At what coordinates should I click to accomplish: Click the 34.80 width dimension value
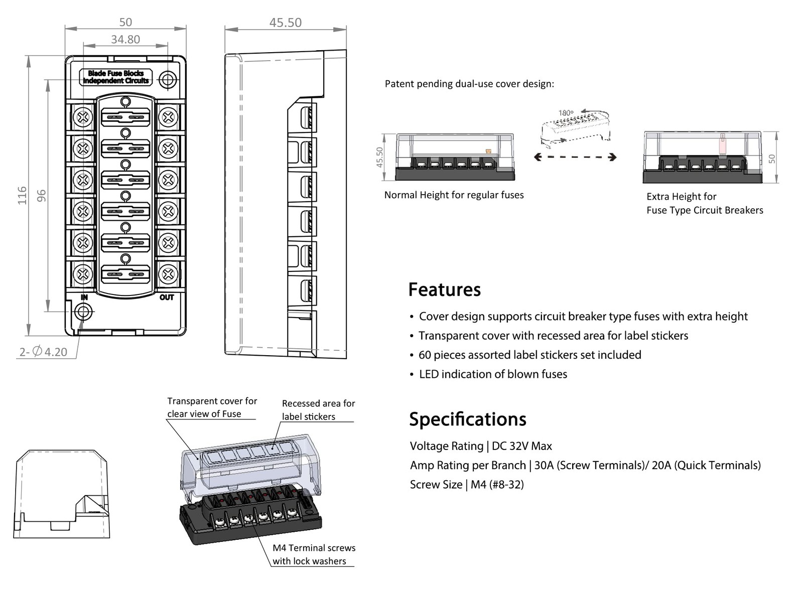125,39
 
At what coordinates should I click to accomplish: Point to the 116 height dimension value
22,195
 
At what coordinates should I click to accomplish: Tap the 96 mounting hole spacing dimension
42,195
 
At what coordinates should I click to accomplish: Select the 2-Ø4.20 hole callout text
43,352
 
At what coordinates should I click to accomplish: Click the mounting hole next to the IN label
83,312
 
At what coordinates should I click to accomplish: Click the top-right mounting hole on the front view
168,79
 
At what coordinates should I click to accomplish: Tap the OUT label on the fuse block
167,297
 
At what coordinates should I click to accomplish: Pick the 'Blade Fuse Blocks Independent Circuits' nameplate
116,77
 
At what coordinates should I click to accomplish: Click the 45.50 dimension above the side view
285,23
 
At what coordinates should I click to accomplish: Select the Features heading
444,290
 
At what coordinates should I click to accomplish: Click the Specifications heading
467,419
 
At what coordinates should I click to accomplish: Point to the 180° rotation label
566,113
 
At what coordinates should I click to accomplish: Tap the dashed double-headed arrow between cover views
575,157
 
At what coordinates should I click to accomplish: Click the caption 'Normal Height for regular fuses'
454,195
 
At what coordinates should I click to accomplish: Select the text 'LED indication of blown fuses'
493,374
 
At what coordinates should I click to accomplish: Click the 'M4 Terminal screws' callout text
314,548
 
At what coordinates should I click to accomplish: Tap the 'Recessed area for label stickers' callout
318,410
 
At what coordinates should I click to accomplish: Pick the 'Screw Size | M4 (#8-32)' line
467,485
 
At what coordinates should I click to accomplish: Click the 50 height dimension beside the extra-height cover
772,159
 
